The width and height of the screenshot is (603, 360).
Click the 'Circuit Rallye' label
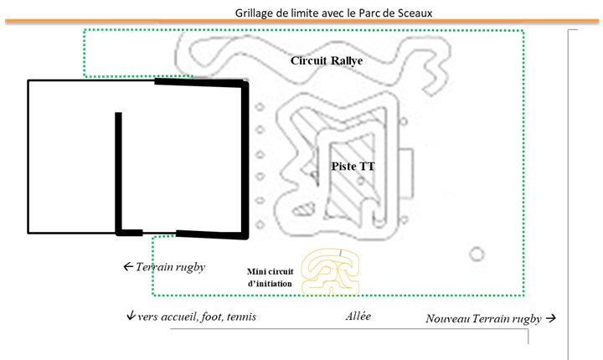327,61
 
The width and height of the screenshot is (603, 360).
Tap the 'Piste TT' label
353,167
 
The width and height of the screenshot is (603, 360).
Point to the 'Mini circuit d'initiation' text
270,278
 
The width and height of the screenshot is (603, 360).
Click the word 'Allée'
358,316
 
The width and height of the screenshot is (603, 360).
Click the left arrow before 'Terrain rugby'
128,267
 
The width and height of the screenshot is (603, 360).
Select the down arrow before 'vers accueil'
131,317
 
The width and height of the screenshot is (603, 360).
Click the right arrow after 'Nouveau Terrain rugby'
550,319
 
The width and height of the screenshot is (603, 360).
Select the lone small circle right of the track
477,254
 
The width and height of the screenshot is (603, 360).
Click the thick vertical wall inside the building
119,172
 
